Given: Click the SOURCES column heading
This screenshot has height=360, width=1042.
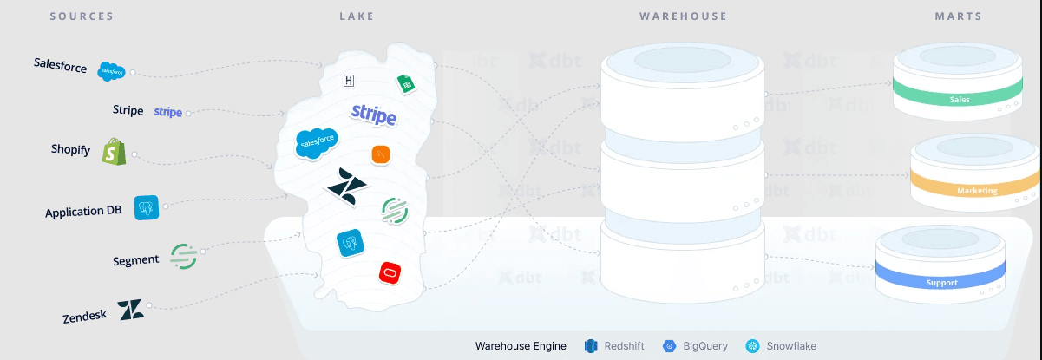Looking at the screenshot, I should (x=82, y=16).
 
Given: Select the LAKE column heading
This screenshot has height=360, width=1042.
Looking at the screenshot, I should (x=356, y=16).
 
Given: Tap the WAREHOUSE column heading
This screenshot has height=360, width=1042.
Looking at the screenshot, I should (x=683, y=16).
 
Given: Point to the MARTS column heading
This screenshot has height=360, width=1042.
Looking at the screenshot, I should (x=959, y=16).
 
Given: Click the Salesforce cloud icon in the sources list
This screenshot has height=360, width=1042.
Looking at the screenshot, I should (x=112, y=71).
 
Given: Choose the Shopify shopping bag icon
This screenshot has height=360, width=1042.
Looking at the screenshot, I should (x=114, y=152).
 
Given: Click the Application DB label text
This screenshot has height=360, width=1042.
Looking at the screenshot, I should (x=83, y=211).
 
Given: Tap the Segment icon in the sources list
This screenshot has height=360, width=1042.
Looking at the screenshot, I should (x=183, y=255).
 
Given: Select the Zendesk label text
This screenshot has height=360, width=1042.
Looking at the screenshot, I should (x=85, y=317).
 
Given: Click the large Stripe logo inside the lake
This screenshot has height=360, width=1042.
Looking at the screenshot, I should (x=374, y=115).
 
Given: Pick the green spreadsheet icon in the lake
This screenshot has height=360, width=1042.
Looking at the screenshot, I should (x=404, y=84).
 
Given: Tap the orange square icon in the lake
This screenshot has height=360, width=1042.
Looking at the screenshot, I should (x=382, y=154).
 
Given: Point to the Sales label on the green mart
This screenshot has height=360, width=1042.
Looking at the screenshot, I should (x=960, y=100).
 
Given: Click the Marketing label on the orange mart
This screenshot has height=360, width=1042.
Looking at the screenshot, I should (x=977, y=191).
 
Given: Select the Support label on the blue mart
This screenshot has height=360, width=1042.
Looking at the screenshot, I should (x=942, y=283).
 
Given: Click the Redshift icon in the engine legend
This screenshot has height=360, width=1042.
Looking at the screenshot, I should (x=592, y=346).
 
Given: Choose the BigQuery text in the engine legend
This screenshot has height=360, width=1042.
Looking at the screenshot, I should (x=705, y=346).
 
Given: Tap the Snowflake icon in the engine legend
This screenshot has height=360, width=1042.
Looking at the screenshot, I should (x=752, y=346).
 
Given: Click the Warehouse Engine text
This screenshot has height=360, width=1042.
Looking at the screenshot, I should (x=521, y=346).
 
